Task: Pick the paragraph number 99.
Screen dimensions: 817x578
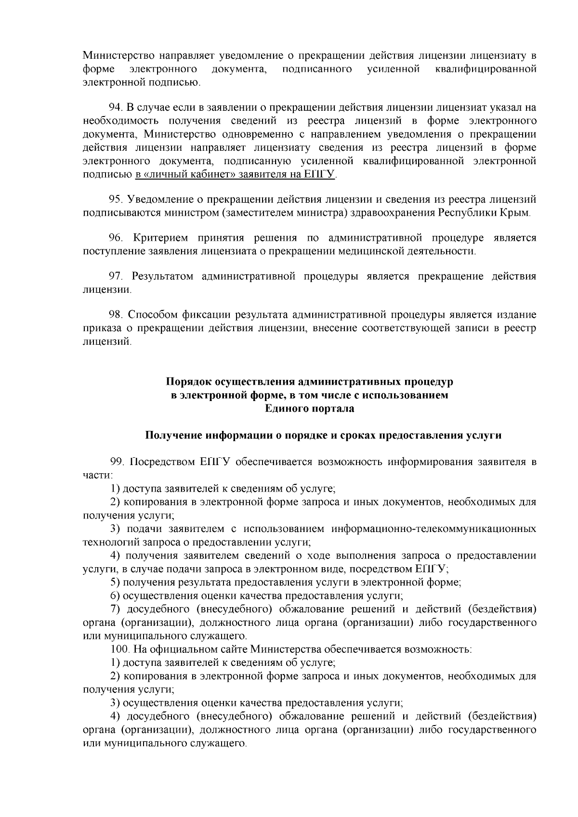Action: click(x=118, y=462)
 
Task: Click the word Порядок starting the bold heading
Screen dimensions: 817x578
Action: click(x=189, y=382)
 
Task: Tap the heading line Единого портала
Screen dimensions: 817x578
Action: click(x=309, y=409)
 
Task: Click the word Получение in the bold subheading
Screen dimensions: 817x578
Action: click(x=173, y=436)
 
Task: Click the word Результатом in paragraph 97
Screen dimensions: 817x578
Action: click(x=163, y=276)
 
